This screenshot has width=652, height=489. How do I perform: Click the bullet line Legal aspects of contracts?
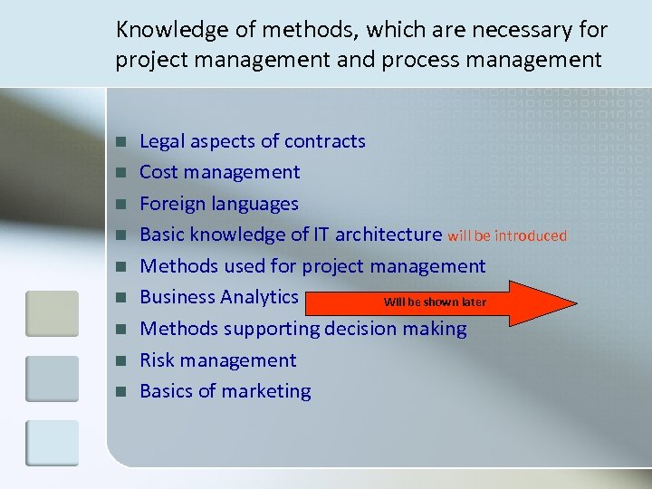click(253, 141)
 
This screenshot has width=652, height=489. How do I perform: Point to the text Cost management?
click(220, 172)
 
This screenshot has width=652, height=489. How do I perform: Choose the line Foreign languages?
click(219, 204)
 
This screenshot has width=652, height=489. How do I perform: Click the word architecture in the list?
click(388, 235)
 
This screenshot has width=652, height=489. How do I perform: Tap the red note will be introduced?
click(506, 236)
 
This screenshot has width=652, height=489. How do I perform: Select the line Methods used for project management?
click(312, 266)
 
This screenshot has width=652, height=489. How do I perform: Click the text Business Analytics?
click(219, 297)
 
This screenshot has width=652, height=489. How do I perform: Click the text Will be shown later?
click(435, 302)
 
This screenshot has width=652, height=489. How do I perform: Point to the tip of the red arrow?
click(574, 302)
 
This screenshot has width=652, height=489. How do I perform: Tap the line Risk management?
click(218, 360)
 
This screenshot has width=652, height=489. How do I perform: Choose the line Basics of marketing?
click(225, 391)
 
